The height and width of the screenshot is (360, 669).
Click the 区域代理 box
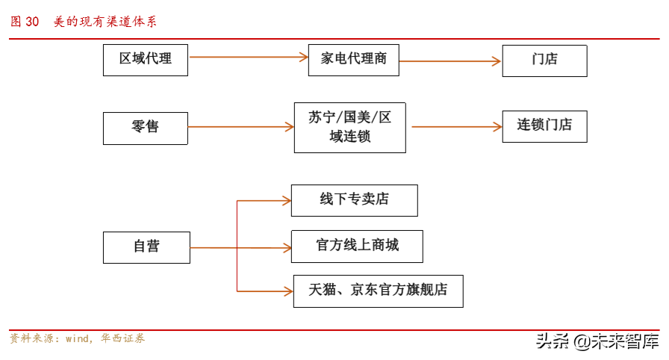click(146, 60)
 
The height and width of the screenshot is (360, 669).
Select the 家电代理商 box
click(353, 60)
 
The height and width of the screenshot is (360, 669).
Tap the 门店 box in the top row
click(544, 60)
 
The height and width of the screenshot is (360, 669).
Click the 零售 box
click(146, 128)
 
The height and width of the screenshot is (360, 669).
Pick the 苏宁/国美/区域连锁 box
click(349, 128)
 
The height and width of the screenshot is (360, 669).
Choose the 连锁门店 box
click(544, 126)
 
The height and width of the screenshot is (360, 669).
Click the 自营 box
click(146, 246)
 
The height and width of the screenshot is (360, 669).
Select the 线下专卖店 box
click(354, 200)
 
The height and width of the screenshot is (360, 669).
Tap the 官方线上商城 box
click(357, 246)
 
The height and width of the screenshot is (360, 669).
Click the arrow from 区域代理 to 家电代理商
click(248, 57)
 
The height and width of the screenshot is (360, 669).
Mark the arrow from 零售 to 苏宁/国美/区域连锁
click(240, 127)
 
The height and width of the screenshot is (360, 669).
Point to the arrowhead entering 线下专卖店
click(285, 200)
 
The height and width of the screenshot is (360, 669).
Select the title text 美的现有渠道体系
click(105, 22)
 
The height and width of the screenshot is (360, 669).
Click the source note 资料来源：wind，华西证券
click(77, 339)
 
